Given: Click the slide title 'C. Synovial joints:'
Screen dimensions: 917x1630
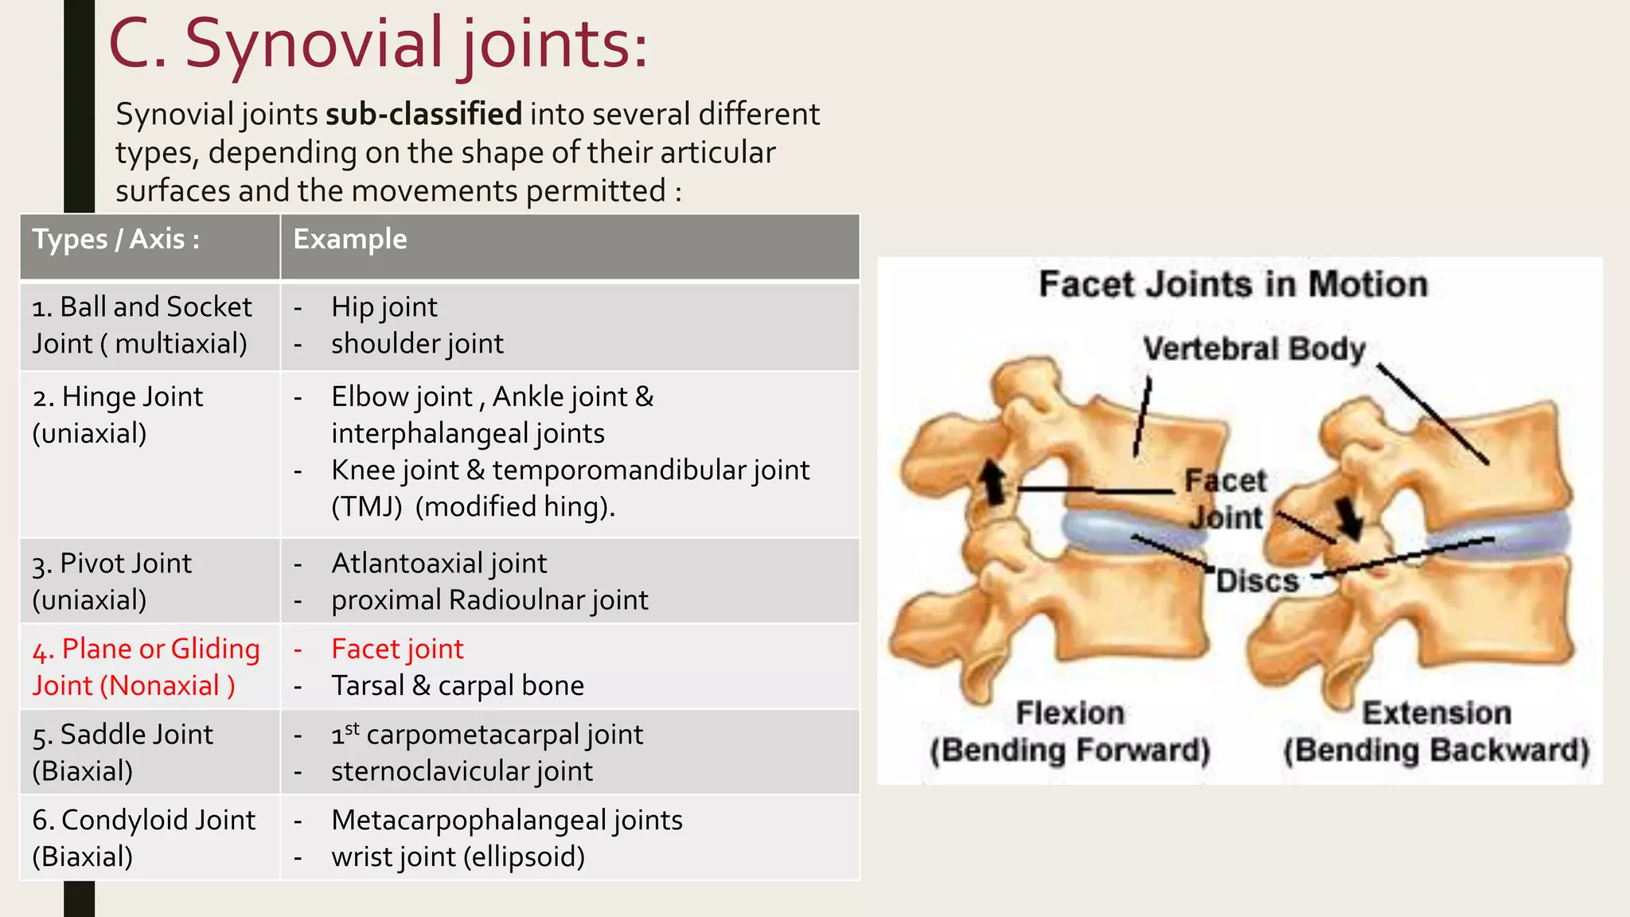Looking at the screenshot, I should point(378,45).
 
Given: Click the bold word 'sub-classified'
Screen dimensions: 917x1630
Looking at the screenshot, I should point(423,115).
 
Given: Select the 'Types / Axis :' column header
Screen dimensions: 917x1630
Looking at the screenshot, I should point(116,240).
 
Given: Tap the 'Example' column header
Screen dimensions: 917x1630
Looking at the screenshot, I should point(350,240).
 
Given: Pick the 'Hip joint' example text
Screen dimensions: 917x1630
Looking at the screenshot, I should point(384,307).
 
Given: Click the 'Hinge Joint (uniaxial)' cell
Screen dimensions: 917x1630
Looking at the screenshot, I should point(117,415).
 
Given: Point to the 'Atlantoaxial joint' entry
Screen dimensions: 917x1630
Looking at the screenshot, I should point(439,564).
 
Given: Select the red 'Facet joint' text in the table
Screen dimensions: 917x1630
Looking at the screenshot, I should point(397,650).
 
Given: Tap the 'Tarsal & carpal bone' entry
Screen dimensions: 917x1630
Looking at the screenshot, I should point(458,686).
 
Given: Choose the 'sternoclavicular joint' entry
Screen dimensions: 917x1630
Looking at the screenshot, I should point(462,771).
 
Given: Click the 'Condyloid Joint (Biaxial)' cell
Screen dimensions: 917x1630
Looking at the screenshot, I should point(143,838).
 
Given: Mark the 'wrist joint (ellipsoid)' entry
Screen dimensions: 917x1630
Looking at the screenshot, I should point(458,857).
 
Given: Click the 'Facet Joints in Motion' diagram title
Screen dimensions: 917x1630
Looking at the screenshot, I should point(1233,284).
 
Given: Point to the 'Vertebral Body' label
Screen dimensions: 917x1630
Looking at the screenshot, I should point(1254,349).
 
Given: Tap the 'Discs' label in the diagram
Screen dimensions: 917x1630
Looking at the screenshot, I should point(1257,581).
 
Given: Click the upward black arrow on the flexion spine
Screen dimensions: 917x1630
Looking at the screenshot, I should point(992,481).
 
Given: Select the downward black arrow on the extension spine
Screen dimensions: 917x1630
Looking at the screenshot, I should point(1351,517).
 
